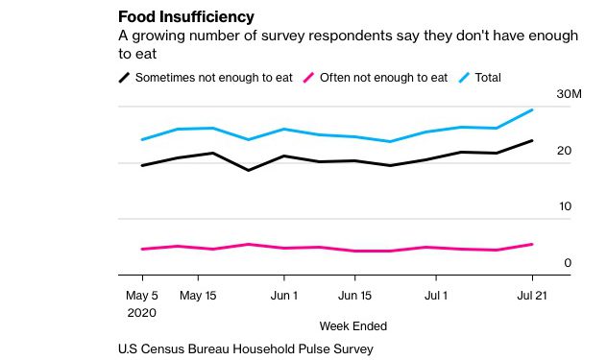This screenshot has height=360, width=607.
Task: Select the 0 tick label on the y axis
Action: pos(568,262)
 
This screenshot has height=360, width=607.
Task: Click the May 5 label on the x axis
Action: pos(142,296)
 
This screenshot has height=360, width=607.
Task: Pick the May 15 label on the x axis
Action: pos(199,296)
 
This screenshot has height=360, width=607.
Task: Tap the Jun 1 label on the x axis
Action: pos(283,296)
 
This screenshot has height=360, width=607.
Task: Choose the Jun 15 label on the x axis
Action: pos(354,296)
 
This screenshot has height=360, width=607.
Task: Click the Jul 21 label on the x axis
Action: pos(532,296)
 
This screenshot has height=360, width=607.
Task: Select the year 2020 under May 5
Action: pos(142,312)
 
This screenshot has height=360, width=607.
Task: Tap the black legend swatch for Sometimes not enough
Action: pos(124,78)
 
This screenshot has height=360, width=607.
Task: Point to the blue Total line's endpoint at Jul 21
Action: pos(533,109)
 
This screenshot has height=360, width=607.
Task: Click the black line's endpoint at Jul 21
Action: pos(533,140)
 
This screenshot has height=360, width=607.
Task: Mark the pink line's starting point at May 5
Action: pos(142,250)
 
